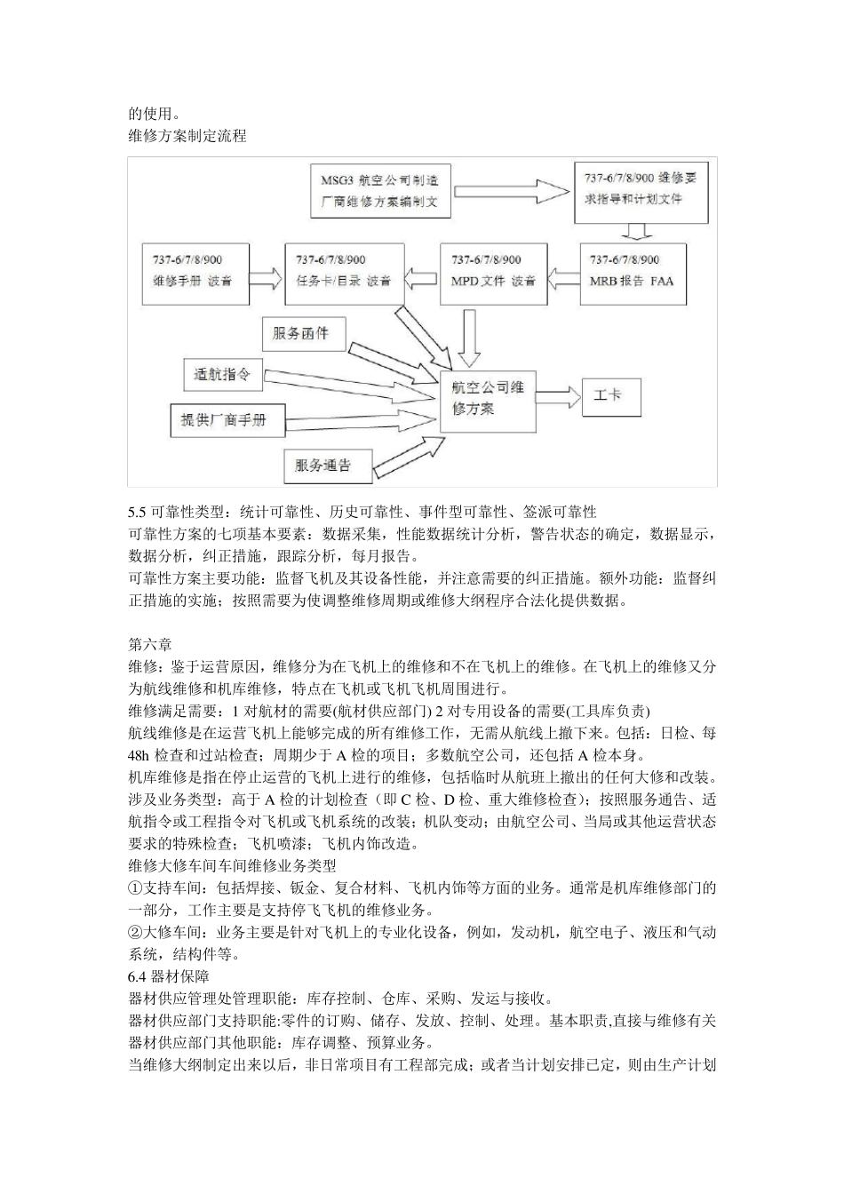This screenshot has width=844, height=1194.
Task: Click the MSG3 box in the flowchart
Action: coord(380,190)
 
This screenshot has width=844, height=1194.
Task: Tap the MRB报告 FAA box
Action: coord(633,274)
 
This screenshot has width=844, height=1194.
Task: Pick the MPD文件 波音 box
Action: coord(493,274)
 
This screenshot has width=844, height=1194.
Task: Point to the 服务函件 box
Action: coord(302,333)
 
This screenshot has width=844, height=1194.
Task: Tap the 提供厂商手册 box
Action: coord(227,419)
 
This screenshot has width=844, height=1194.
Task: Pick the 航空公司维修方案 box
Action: coord(488,400)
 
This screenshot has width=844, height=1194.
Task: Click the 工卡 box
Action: coord(609,394)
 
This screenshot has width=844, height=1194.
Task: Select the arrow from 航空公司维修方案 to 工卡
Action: coord(557,396)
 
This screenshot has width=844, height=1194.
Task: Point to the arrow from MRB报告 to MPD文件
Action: coord(562,274)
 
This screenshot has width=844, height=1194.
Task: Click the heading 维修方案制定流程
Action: coord(187,136)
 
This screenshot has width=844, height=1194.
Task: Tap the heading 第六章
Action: coord(150,644)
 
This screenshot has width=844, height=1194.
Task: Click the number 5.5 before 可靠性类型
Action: coord(138,512)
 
